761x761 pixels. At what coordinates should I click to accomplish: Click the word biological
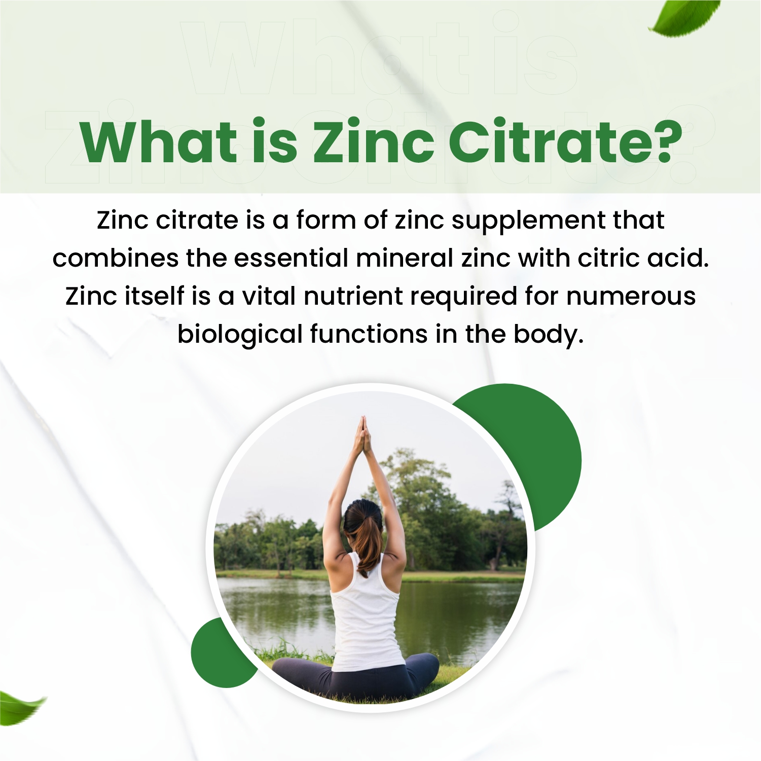[x=240, y=335]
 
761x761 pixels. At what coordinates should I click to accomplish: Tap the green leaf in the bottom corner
[x=20, y=707]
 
